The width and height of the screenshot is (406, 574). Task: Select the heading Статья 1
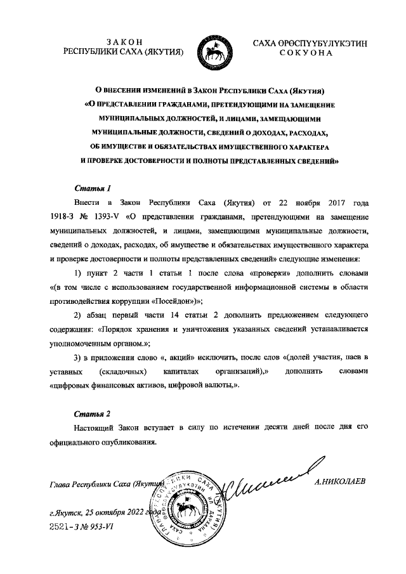coord(93,188)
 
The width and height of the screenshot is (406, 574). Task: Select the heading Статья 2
coord(93,414)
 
